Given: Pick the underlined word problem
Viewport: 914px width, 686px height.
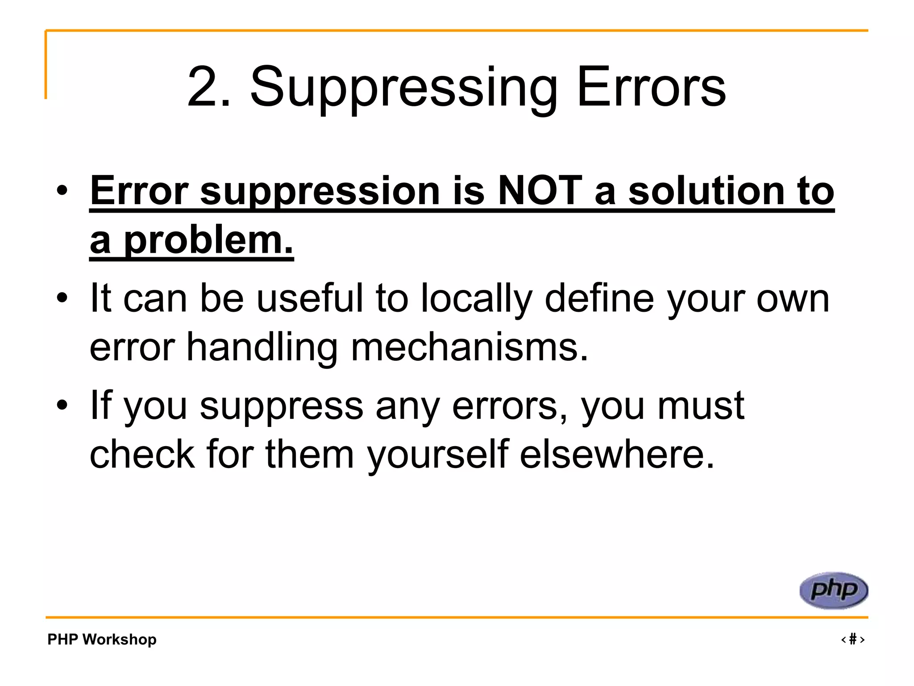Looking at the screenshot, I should click(x=208, y=241).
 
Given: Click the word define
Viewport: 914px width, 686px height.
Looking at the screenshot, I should click(x=599, y=298).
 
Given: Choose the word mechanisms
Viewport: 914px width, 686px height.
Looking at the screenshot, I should click(x=469, y=347).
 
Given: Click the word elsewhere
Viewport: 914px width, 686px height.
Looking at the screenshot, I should click(x=617, y=454).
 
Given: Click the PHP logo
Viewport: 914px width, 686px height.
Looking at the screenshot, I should click(x=833, y=590).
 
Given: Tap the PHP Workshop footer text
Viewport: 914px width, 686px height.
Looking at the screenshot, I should click(x=102, y=639).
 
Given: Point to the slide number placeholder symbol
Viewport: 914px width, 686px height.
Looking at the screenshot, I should click(x=853, y=639).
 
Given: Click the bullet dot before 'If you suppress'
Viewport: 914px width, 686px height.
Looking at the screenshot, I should click(x=62, y=405).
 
